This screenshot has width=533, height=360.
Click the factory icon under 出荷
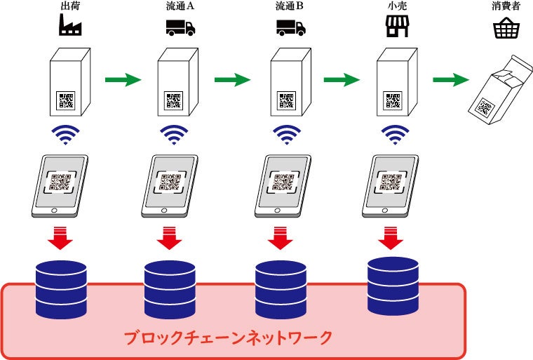point(70,25)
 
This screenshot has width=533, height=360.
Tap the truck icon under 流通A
point(180,27)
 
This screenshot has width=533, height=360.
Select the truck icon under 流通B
point(291,27)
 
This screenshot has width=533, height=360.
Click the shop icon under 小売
point(397,27)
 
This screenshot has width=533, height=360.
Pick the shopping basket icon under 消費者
point(506,28)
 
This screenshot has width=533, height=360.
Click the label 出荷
point(70,6)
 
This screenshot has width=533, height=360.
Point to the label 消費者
point(506,6)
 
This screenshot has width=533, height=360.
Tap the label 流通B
point(289,6)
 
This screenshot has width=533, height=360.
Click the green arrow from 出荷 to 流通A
point(123,79)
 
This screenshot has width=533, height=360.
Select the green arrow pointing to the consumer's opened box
point(451,79)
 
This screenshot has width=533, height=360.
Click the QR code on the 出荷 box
point(67,100)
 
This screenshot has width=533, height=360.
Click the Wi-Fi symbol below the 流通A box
point(174,135)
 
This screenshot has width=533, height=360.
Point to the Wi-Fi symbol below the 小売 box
point(395,135)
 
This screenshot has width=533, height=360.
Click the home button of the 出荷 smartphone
point(54,211)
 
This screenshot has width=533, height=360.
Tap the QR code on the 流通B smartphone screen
point(283,182)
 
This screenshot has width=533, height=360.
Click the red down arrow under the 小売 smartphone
point(391,238)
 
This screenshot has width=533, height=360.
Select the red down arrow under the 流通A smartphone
point(169,238)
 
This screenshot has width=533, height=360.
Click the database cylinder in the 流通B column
point(281,290)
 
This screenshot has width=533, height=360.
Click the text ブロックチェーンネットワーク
point(228,338)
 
